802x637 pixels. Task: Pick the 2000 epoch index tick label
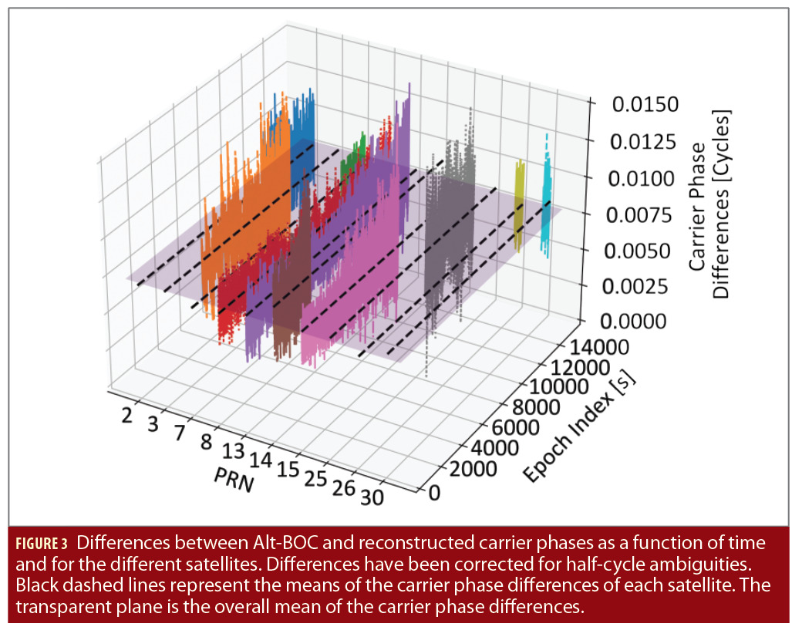(x=472, y=470)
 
